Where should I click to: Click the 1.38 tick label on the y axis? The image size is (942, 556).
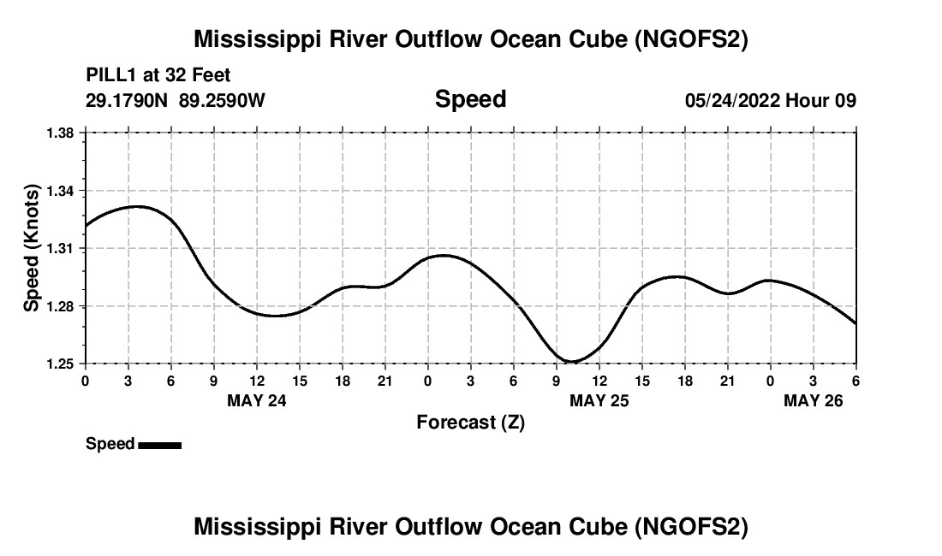[61, 133]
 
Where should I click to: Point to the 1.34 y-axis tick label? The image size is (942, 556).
[61, 191]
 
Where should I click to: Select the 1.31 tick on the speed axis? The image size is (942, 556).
[61, 249]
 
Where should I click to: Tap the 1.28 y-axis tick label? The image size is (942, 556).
[61, 306]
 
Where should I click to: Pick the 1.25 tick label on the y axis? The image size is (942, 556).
[61, 364]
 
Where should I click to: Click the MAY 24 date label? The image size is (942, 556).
[257, 400]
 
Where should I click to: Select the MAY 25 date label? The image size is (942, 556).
[599, 400]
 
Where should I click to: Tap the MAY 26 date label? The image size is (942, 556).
[814, 400]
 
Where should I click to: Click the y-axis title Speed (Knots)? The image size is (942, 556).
[32, 248]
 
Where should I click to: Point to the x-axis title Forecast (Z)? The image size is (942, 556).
[470, 422]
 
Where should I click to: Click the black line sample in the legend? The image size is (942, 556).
[159, 445]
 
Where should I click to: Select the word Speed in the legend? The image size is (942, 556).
[110, 444]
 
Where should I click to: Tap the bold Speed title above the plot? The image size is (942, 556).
[470, 99]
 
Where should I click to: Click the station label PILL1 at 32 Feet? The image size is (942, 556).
[158, 75]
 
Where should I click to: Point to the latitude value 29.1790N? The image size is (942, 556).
[128, 100]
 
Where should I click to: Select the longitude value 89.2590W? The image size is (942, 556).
[222, 100]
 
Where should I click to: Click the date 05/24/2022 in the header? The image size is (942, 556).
[732, 100]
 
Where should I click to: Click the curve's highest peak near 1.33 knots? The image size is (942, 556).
[137, 206]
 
